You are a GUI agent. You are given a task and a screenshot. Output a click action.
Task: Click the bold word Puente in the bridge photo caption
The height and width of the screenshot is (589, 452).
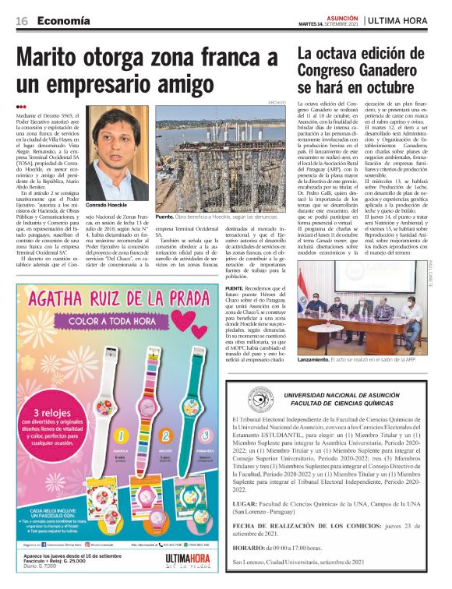pos(164,216)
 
